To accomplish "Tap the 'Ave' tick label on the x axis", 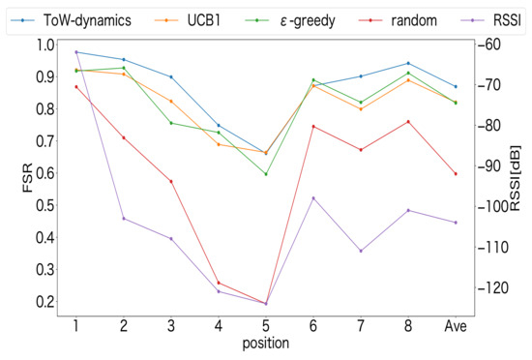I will click(455, 325).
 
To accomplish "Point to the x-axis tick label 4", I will click(218, 325).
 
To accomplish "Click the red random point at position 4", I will click(218, 283).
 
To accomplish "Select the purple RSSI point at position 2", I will click(123, 218).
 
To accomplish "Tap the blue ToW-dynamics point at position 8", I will click(408, 63).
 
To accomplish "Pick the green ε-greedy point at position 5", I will click(265, 174).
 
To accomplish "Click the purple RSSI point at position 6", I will click(312, 197).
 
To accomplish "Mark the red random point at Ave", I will click(455, 174).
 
